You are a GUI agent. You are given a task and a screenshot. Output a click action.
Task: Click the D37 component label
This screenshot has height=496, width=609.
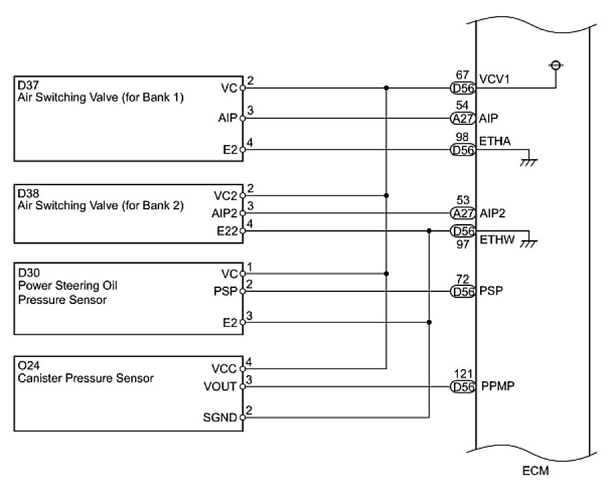28,85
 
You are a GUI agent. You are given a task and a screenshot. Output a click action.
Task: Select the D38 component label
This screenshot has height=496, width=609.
28,193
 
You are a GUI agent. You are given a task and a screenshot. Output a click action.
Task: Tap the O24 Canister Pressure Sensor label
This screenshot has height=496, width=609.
86,372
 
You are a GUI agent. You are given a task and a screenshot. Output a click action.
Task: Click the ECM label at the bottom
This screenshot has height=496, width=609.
535,470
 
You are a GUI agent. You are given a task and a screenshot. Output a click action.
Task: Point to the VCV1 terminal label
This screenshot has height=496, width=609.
494,79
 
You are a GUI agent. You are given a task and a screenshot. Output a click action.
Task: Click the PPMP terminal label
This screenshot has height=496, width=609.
498,386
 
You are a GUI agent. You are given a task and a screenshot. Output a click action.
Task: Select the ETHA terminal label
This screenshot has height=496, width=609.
494,141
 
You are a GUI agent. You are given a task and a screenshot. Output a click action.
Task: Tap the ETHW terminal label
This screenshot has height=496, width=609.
497,240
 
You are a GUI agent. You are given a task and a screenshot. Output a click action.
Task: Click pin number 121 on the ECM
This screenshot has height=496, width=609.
463,374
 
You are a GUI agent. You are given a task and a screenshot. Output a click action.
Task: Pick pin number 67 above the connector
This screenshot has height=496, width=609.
462,75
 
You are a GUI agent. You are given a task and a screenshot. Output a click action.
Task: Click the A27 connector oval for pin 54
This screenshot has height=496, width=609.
463,118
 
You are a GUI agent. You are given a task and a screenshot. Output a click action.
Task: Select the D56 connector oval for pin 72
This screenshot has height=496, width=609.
463,291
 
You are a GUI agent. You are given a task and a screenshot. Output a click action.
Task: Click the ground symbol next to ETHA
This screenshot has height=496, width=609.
528,162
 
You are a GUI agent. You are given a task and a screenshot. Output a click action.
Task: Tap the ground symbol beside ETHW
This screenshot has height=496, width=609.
528,244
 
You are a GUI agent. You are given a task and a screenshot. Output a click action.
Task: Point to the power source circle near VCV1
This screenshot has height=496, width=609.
556,66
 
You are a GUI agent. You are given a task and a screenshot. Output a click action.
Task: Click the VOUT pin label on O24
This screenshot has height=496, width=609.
220,387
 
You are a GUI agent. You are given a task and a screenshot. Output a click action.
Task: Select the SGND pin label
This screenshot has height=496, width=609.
220,417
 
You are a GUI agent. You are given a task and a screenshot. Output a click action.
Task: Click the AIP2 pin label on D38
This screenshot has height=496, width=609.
224,213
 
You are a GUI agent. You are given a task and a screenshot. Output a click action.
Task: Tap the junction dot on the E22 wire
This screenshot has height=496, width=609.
429,231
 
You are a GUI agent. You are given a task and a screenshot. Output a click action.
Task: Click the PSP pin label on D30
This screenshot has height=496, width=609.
225,291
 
